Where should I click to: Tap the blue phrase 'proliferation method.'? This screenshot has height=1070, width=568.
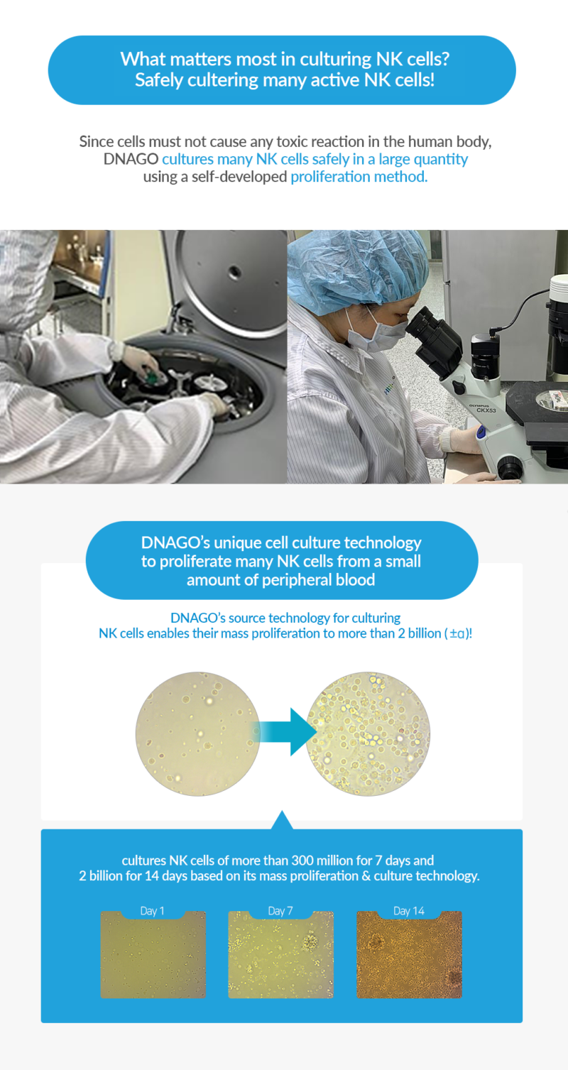point(359,177)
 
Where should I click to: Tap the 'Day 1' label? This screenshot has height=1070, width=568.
point(153,911)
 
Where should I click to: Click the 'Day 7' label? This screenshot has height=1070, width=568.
point(280,911)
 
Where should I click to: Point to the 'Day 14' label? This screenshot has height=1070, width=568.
point(409,911)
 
